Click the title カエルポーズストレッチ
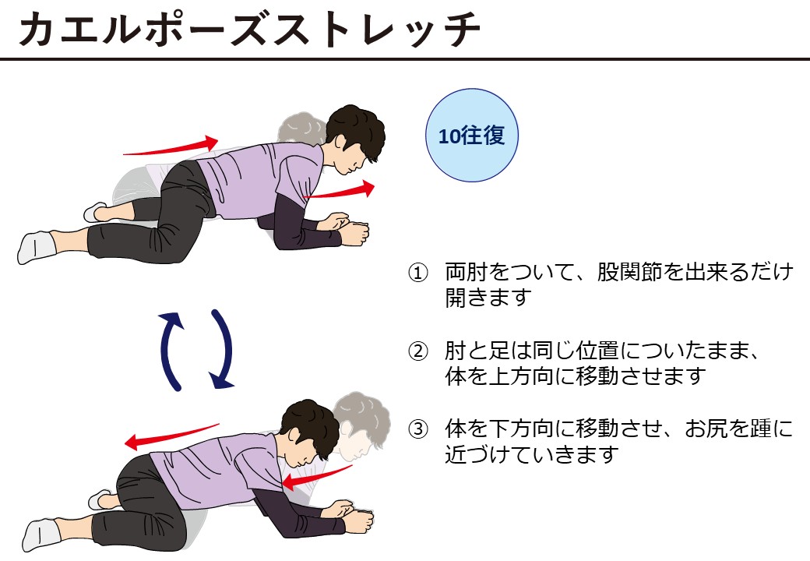[x=249, y=29]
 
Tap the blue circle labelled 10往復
[x=472, y=136]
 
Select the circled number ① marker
[x=418, y=273]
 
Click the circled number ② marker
[x=418, y=351]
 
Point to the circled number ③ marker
[x=418, y=429]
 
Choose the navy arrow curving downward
[x=225, y=349]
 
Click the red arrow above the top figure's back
[x=171, y=146]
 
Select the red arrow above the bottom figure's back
[x=172, y=436]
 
